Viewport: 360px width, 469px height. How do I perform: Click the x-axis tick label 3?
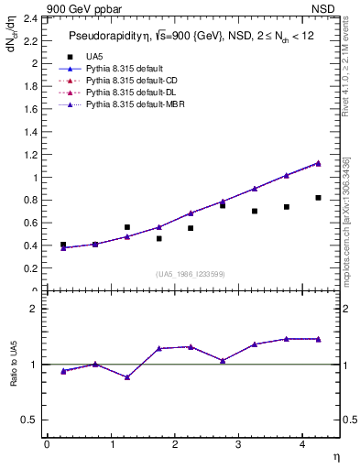238,444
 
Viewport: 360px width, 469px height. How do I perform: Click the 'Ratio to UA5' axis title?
14,364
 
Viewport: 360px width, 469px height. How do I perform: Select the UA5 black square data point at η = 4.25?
318,198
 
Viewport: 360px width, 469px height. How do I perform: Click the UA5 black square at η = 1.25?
127,227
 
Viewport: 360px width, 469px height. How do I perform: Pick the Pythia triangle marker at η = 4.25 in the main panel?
318,163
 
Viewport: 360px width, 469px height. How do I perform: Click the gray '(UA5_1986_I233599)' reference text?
190,275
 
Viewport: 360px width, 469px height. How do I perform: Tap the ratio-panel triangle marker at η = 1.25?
127,376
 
